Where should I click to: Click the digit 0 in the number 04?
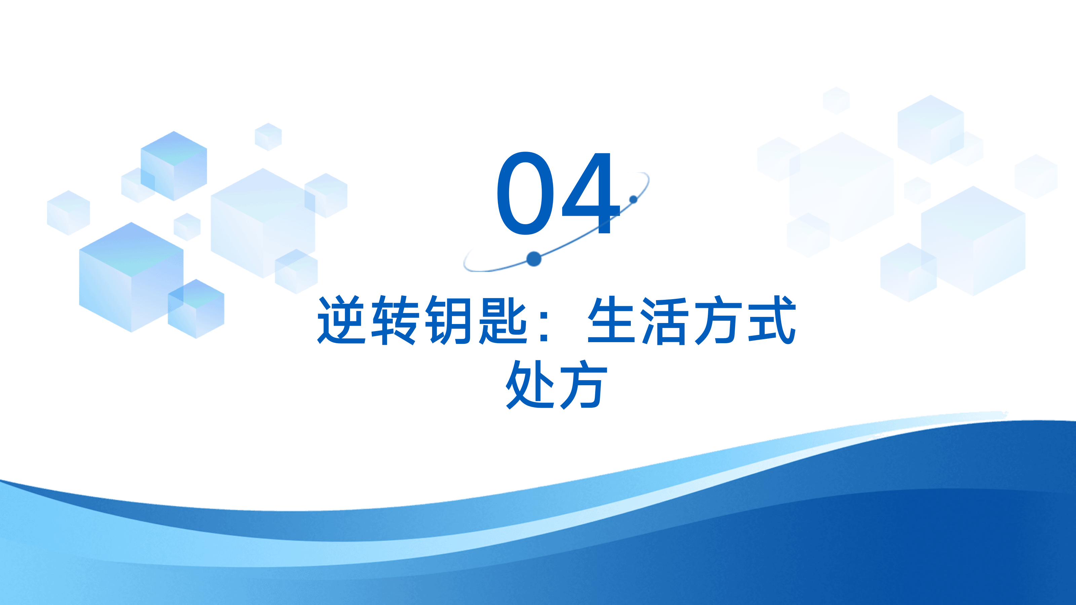click(526, 193)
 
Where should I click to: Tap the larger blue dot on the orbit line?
click(534, 259)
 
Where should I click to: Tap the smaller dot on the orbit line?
click(633, 199)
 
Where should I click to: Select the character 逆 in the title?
click(342, 320)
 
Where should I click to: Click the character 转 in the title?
click(395, 320)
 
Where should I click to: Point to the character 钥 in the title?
click(449, 320)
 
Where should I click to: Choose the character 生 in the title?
click(612, 320)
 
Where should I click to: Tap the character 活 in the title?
click(665, 320)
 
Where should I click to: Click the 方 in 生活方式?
click(719, 320)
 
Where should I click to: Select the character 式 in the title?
click(772, 320)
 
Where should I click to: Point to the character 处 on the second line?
click(530, 384)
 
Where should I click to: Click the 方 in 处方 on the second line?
click(583, 384)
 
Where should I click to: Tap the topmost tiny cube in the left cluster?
click(268, 136)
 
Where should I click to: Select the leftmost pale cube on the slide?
click(69, 212)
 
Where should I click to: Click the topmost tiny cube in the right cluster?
click(836, 100)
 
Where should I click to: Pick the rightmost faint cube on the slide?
click(1036, 176)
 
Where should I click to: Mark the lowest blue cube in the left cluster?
click(196, 309)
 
